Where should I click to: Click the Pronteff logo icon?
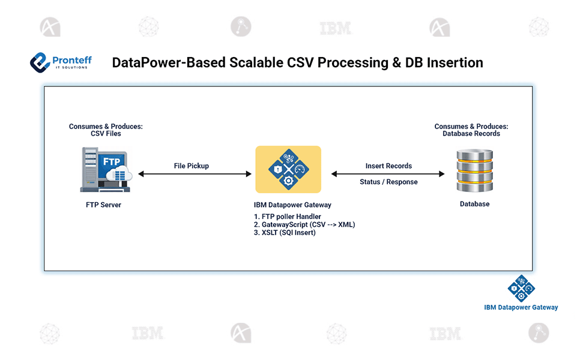tap(41, 62)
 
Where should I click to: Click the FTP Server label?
tap(103, 205)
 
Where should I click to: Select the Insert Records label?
tap(388, 166)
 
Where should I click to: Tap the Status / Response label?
tap(388, 182)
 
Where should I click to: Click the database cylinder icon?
tap(474, 170)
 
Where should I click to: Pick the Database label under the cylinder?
tap(474, 204)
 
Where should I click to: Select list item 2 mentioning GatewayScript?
tap(304, 224)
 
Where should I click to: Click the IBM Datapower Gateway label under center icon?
tap(292, 205)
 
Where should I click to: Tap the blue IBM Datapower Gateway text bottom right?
tap(521, 307)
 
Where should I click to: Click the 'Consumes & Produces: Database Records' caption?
tap(471, 130)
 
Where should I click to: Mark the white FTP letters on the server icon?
tap(112, 161)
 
